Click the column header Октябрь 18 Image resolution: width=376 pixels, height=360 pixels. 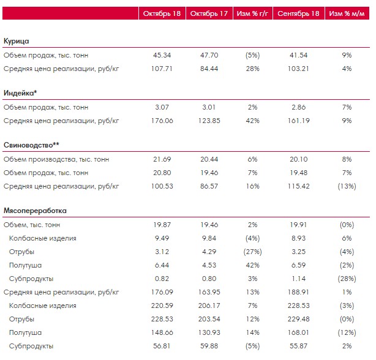pyautogui.click(x=162, y=13)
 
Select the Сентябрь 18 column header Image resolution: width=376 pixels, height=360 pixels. pyautogui.click(x=299, y=13)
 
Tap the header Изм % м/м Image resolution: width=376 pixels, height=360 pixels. pyautogui.click(x=347, y=13)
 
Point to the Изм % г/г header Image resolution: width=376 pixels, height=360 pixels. pyautogui.click(x=252, y=13)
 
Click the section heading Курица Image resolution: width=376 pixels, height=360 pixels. pyautogui.click(x=17, y=41)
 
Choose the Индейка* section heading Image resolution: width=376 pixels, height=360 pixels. pyautogui.click(x=20, y=93)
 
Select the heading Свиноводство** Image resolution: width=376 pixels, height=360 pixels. pyautogui.click(x=31, y=145)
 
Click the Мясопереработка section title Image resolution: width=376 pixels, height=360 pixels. pyautogui.click(x=35, y=211)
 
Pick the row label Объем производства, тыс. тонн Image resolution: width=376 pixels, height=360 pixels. pyautogui.click(x=56, y=159)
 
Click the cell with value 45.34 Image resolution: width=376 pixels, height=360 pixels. pyautogui.click(x=162, y=55)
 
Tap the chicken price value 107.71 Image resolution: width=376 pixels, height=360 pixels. pyautogui.click(x=162, y=69)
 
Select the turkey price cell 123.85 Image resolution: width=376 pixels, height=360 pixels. pyautogui.click(x=209, y=121)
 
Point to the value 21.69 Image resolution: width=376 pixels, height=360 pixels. pyautogui.click(x=162, y=159)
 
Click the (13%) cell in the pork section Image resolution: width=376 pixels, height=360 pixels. pyautogui.click(x=347, y=186)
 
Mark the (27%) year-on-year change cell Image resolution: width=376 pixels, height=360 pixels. pyautogui.click(x=252, y=252)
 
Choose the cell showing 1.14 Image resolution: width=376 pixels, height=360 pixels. pyautogui.click(x=299, y=279)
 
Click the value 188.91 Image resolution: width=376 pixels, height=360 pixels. pyautogui.click(x=299, y=292)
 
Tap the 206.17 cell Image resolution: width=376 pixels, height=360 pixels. pyautogui.click(x=209, y=306)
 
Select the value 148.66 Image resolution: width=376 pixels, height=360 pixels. pyautogui.click(x=162, y=332)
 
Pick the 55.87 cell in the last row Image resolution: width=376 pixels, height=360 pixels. pyautogui.click(x=299, y=346)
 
